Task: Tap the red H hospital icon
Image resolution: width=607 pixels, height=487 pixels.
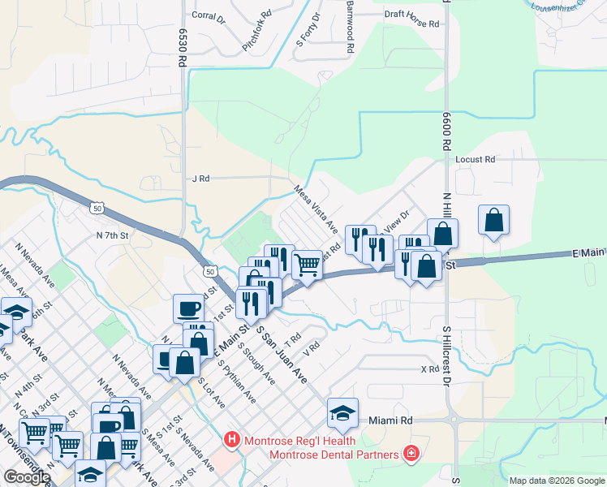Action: click(x=231, y=440)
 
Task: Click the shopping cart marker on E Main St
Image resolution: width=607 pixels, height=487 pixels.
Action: click(x=306, y=264)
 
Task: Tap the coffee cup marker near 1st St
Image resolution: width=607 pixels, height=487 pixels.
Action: click(x=188, y=308)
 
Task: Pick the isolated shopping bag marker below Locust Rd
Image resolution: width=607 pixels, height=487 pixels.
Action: click(x=493, y=220)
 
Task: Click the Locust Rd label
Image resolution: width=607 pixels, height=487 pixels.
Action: click(x=475, y=160)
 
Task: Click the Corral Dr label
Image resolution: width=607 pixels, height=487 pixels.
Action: click(x=207, y=15)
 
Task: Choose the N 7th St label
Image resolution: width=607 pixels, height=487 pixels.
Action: click(x=113, y=235)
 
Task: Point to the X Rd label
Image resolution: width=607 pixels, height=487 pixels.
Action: click(x=429, y=368)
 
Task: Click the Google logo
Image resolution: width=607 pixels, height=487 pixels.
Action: click(x=27, y=477)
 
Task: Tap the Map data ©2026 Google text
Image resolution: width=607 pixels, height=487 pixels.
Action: click(x=556, y=481)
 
